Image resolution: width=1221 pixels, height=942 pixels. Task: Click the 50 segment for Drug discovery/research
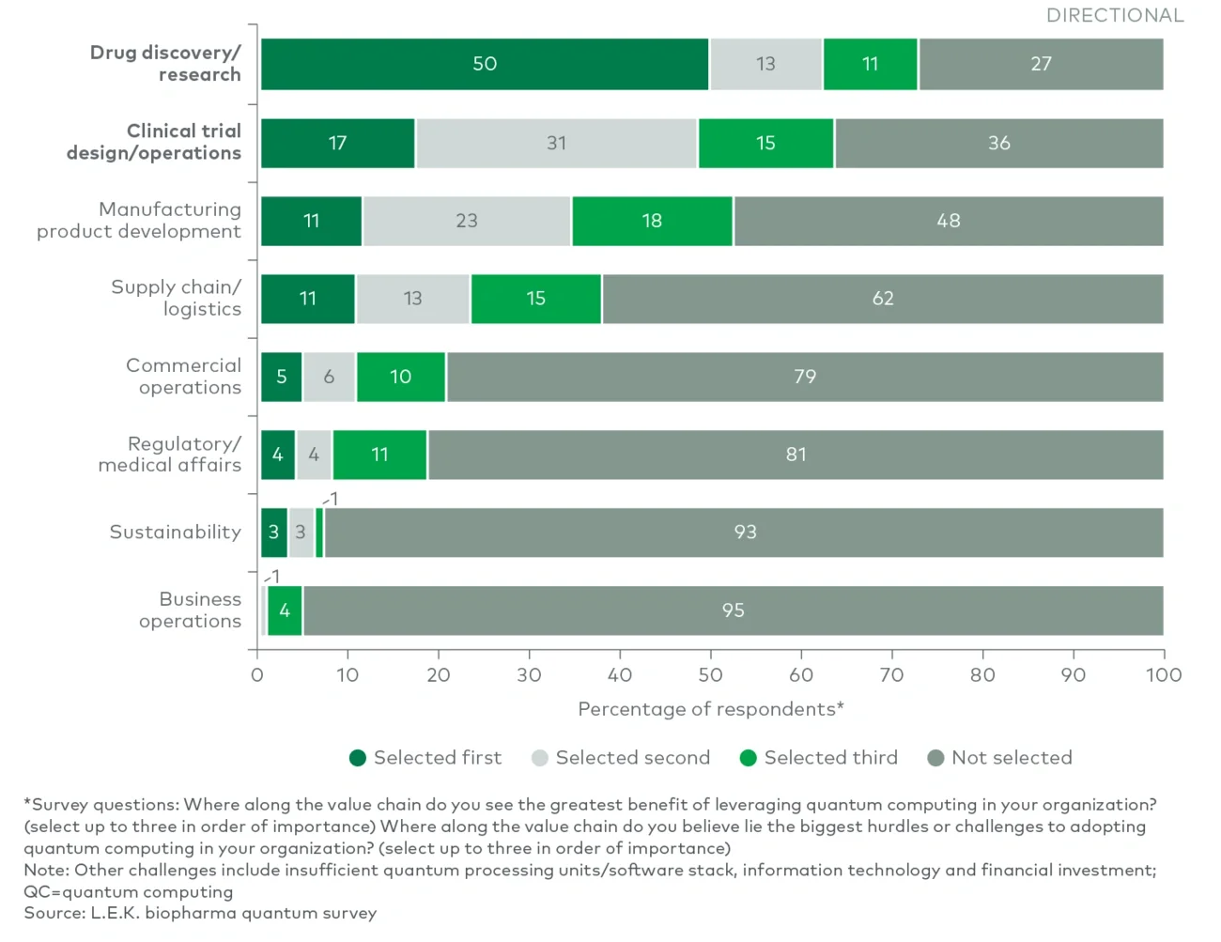(x=485, y=64)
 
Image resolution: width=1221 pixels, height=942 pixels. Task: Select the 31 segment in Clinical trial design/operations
(x=557, y=143)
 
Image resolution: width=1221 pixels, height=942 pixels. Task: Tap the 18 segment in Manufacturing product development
(x=652, y=221)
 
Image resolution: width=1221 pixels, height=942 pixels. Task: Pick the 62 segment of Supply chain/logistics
(x=883, y=299)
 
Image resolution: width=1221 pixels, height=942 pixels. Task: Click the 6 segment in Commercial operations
(x=329, y=377)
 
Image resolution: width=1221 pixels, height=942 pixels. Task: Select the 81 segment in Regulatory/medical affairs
(x=796, y=455)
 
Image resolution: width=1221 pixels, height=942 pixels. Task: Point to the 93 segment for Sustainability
(x=745, y=533)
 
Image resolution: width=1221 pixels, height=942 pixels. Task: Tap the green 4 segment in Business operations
(x=285, y=610)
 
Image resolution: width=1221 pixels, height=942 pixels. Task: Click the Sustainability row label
(x=176, y=533)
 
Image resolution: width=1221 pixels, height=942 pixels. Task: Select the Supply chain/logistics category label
(x=177, y=298)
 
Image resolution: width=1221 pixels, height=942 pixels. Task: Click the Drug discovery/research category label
(x=165, y=64)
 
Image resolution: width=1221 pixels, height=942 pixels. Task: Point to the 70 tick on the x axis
(x=891, y=674)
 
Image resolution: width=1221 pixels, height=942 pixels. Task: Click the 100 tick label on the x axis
(x=1164, y=674)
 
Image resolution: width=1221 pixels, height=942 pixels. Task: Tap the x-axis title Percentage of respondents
(x=710, y=709)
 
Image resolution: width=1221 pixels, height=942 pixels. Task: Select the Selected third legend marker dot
(x=749, y=758)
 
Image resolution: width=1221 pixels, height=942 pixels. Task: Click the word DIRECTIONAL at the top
(x=1115, y=16)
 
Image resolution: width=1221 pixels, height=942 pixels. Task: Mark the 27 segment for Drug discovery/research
(x=1041, y=64)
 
